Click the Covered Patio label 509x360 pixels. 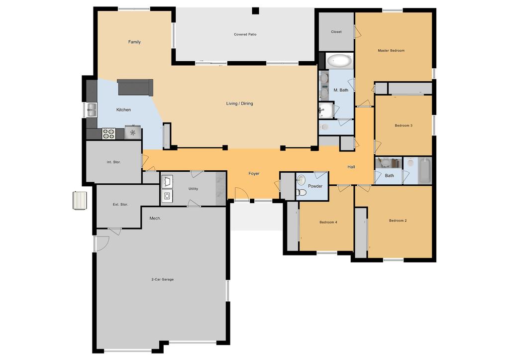click(245, 34)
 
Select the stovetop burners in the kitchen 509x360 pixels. click(109, 133)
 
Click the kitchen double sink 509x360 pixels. click(92, 110)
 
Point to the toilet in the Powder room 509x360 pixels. click(302, 193)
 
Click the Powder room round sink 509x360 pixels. click(301, 180)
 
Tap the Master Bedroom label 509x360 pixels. click(391, 50)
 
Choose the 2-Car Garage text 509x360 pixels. click(162, 279)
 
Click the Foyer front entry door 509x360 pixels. click(241, 194)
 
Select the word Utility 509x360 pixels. click(193, 188)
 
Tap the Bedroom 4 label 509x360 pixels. click(328, 222)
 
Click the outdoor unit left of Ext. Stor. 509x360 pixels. click(80, 201)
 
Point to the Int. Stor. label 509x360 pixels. click(113, 162)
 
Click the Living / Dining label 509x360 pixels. click(239, 104)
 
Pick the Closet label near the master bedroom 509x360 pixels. click(336, 31)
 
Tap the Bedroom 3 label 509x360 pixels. click(404, 125)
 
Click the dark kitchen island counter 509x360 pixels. click(135, 87)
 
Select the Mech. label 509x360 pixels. click(155, 218)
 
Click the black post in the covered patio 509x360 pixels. click(256, 11)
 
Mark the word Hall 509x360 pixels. click(351, 167)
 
